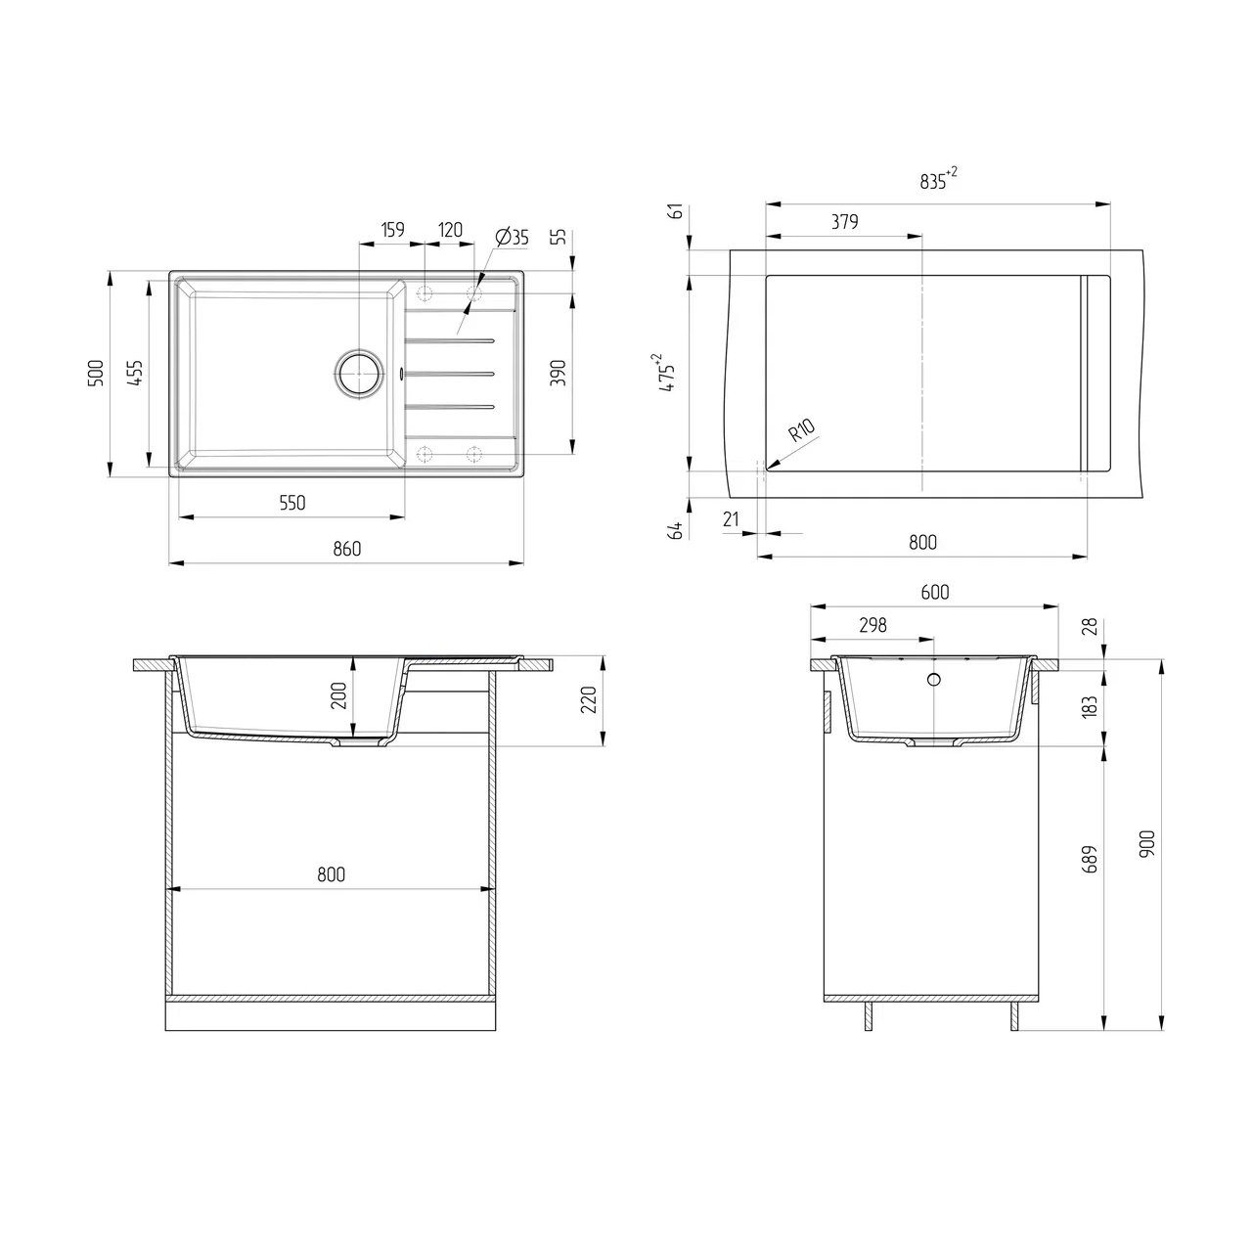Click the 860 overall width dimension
tap(347, 549)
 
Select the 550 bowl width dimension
tap(291, 502)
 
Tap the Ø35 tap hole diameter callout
tap(512, 237)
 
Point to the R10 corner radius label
tap(802, 430)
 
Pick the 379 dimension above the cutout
tap(845, 222)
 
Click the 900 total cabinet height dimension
tap(1147, 843)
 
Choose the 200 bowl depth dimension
tap(339, 695)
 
